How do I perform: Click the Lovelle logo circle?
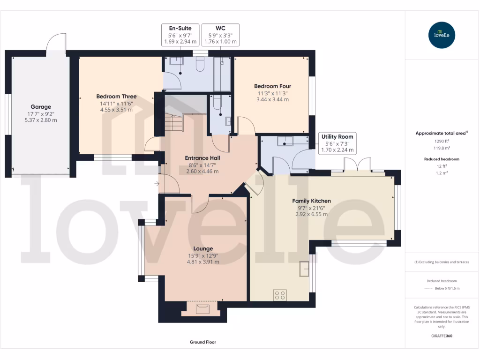[x=442, y=35]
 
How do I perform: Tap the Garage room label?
[x=41, y=107]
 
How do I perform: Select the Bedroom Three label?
[x=116, y=97]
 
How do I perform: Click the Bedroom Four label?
[x=272, y=86]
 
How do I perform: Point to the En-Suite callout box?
[x=180, y=35]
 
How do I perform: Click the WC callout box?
[x=220, y=35]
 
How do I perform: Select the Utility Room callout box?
[x=337, y=143]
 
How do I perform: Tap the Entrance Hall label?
[x=202, y=158]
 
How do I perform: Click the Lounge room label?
[x=203, y=248]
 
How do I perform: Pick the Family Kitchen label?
[x=311, y=201]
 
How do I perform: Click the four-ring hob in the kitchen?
[x=280, y=295]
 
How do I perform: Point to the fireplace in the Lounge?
[x=203, y=308]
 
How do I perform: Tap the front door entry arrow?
[x=156, y=183]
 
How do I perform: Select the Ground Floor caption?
[x=203, y=342]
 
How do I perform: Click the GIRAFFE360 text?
[x=442, y=336]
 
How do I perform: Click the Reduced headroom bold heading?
[x=442, y=159]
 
